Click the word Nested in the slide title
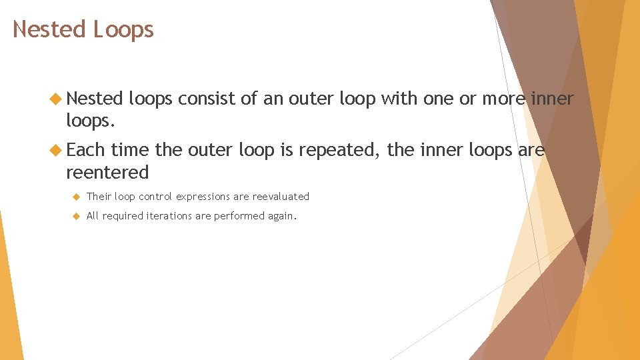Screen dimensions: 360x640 click(49, 29)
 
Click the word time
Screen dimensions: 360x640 click(130, 150)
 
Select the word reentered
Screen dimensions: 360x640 click(107, 173)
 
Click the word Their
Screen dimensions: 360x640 click(99, 197)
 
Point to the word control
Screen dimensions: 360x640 click(155, 197)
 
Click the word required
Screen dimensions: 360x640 click(121, 216)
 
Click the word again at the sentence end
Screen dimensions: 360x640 click(282, 217)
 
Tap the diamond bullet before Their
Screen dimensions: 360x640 click(77, 197)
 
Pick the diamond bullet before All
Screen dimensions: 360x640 click(77, 216)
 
